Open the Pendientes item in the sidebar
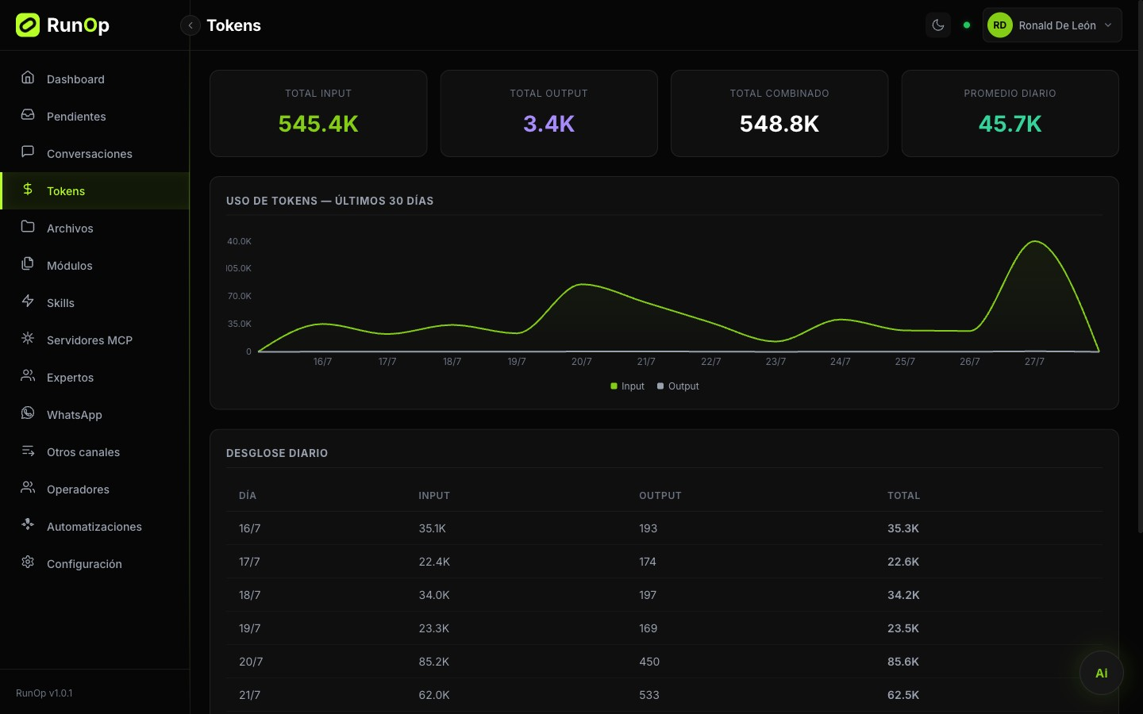coord(76,117)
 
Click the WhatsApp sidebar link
coord(74,415)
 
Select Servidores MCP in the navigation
coord(89,340)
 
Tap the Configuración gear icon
coord(28,562)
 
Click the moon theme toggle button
coord(938,25)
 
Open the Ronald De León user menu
coord(1052,25)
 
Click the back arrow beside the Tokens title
coord(190,25)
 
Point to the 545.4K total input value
coord(318,124)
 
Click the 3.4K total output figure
coord(549,124)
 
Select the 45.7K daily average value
coord(1010,124)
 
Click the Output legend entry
coord(678,386)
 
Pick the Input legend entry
coord(627,386)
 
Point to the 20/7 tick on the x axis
coord(581,362)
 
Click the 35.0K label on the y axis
coord(240,324)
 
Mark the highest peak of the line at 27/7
coord(1035,241)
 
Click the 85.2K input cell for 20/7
coord(433,662)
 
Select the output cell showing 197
coord(648,595)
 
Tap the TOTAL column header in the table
coord(903,495)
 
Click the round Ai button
coord(1101,673)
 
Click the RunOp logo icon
coord(28,25)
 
